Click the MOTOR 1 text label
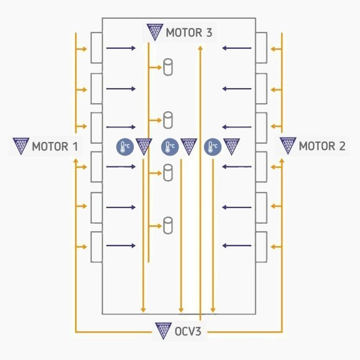pos(55,146)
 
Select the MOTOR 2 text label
pos(322,146)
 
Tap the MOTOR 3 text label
pos(189,32)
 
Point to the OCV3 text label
pos(187,331)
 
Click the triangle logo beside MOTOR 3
pos(155,32)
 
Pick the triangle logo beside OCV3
pos(163,331)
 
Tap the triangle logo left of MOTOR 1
pos(21,146)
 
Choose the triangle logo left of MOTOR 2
pos(288,145)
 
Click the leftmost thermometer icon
pos(125,146)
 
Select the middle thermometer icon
pos(170,146)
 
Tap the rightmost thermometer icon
pos(212,146)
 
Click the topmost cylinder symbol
pos(168,67)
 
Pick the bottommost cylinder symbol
pos(168,226)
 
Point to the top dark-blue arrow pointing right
pos(121,48)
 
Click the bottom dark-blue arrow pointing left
pos(237,246)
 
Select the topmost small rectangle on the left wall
pos(97,47)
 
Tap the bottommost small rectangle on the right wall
pos(261,247)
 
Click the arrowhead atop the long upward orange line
pos(201,47)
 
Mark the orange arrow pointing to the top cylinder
pos(156,67)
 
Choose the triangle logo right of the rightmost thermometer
pos(231,146)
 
